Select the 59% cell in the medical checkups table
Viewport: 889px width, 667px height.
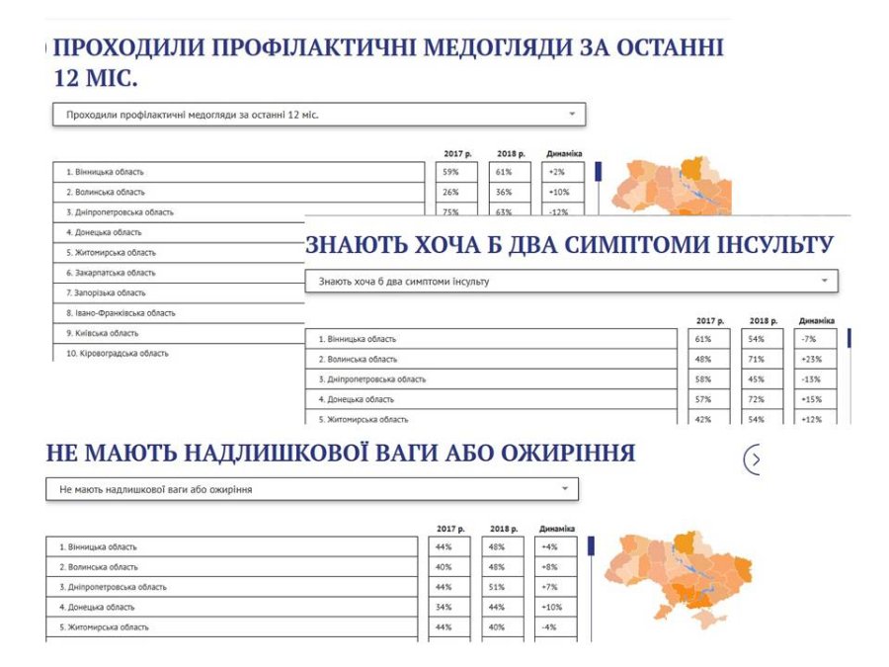454,172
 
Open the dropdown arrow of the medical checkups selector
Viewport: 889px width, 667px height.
572,115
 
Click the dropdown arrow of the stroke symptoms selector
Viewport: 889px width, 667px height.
825,281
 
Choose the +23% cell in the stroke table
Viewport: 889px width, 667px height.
815,359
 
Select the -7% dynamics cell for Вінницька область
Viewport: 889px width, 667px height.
815,339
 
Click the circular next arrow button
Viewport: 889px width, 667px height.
755,459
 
